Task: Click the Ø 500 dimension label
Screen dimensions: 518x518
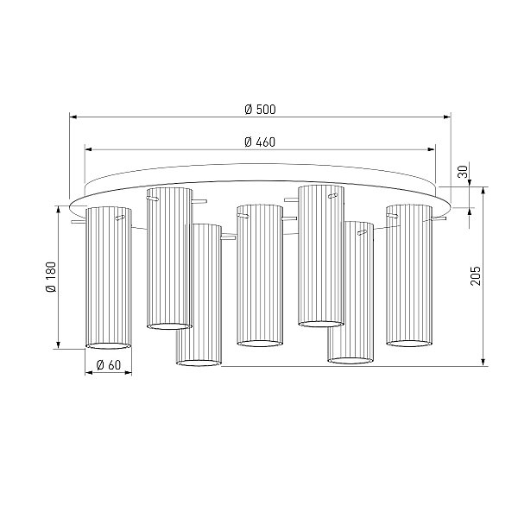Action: click(x=260, y=110)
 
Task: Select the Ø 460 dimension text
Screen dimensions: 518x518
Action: click(x=260, y=142)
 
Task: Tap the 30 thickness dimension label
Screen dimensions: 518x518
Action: click(x=463, y=172)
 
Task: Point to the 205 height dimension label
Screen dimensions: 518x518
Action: click(x=476, y=275)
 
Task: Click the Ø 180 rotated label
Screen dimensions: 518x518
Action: click(x=51, y=277)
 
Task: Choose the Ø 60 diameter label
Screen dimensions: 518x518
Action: click(x=109, y=365)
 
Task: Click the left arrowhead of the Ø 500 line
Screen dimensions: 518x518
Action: click(x=73, y=117)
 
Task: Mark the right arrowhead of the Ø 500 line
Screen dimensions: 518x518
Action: click(x=447, y=117)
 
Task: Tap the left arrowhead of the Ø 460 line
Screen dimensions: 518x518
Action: click(x=89, y=149)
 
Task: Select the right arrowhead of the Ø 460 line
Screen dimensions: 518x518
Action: click(x=432, y=149)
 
